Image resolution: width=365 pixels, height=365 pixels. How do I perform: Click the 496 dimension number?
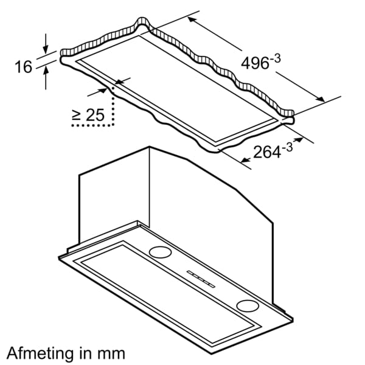coord(255,63)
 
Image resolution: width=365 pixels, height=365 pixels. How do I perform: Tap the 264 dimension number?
coord(266,153)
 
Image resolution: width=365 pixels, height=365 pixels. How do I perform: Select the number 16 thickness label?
coord(23,67)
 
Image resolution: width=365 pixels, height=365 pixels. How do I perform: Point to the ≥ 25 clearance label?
coord(88,115)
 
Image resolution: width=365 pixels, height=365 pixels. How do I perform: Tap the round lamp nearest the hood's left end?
coord(160,252)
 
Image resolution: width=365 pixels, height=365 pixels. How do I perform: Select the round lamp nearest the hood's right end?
coord(248,305)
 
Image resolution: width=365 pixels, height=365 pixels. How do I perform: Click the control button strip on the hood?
coord(201,279)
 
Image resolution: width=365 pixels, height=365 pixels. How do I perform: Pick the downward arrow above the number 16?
coord(46,44)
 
